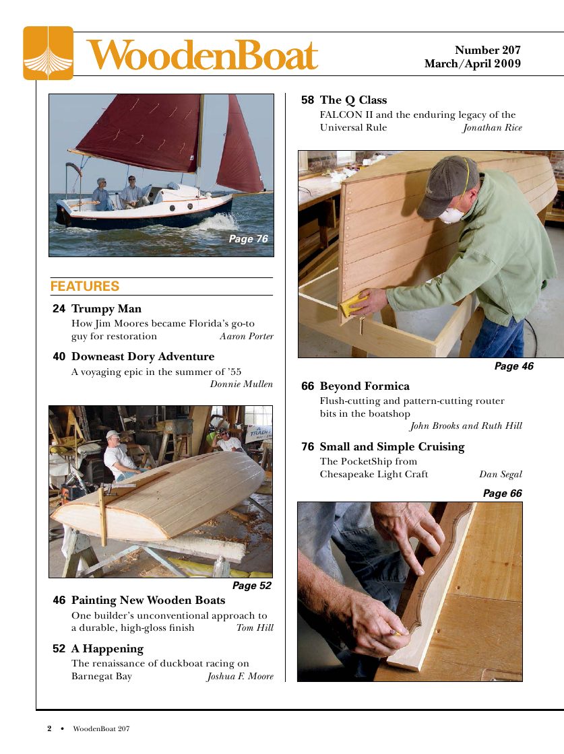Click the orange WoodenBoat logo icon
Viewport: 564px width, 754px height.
pos(48,53)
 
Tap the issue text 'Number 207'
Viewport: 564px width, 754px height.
pos(487,50)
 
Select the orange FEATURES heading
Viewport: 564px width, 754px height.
pos(85,286)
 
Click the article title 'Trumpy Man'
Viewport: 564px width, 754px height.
pos(106,309)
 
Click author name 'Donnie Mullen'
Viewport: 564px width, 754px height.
pos(241,384)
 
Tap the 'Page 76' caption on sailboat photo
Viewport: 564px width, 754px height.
pos(248,239)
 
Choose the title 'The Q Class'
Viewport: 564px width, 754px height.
pos(353,100)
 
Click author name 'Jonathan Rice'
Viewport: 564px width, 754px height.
pos(492,128)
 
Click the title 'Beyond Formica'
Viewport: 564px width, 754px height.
pos(365,386)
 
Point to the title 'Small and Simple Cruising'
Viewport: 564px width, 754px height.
pos(392,447)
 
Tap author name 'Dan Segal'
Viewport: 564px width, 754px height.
pos(500,475)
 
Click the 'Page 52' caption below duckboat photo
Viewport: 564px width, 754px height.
pos(251,586)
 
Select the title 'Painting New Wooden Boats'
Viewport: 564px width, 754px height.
pos(148,600)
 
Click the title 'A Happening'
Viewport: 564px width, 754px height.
pos(107,649)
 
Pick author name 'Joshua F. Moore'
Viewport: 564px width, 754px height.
pos(240,677)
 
